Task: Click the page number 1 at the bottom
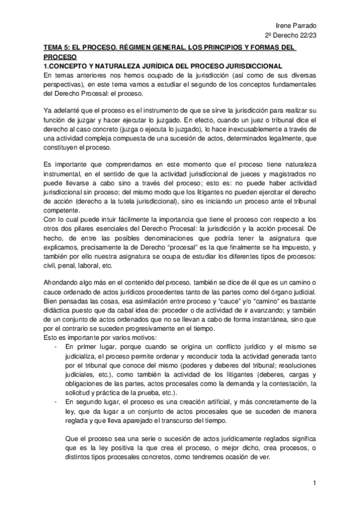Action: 314,484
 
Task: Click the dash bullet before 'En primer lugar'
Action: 56,348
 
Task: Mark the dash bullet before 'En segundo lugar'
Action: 56,401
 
